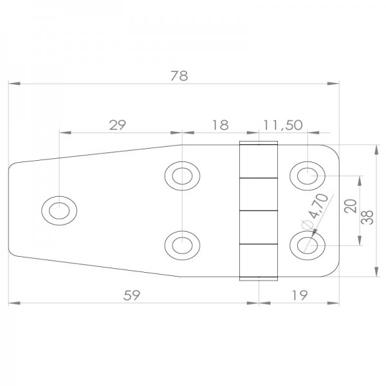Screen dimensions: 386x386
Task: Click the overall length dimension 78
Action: click(x=179, y=75)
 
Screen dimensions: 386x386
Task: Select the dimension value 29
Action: click(x=117, y=125)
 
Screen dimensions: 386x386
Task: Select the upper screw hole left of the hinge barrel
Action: click(x=182, y=175)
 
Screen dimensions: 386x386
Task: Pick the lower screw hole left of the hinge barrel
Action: click(x=182, y=244)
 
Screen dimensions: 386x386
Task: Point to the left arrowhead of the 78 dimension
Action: click(x=13, y=84)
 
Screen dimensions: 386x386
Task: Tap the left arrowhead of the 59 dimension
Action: click(x=13, y=302)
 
